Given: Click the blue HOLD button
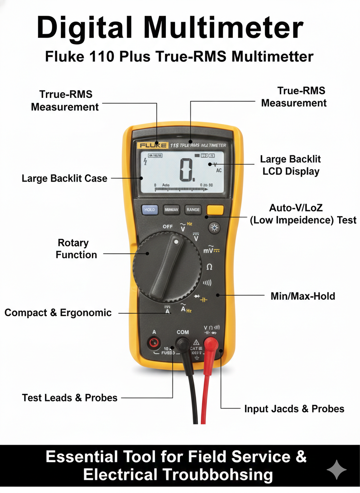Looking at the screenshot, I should [x=150, y=210].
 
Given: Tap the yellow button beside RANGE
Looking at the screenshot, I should [x=215, y=210].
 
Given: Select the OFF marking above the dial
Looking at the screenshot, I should [x=167, y=226].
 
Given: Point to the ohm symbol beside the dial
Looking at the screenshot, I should [x=209, y=266].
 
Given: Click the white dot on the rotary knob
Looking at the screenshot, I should [x=177, y=242].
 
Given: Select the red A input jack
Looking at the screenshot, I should [x=154, y=343].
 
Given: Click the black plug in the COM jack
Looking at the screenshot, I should [x=182, y=344].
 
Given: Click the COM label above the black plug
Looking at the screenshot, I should [x=182, y=332].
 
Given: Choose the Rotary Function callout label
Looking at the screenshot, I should [x=77, y=249].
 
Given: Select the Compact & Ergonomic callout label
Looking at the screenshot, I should [x=58, y=313].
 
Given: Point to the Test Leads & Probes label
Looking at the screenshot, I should [x=70, y=398].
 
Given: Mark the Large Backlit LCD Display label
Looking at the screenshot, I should [x=291, y=165].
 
